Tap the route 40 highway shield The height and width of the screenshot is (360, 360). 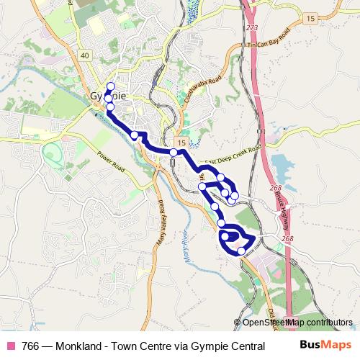(85, 55)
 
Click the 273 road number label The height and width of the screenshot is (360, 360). (251, 28)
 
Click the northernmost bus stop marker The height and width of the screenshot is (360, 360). (110, 86)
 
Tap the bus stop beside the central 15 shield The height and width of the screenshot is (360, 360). (174, 153)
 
